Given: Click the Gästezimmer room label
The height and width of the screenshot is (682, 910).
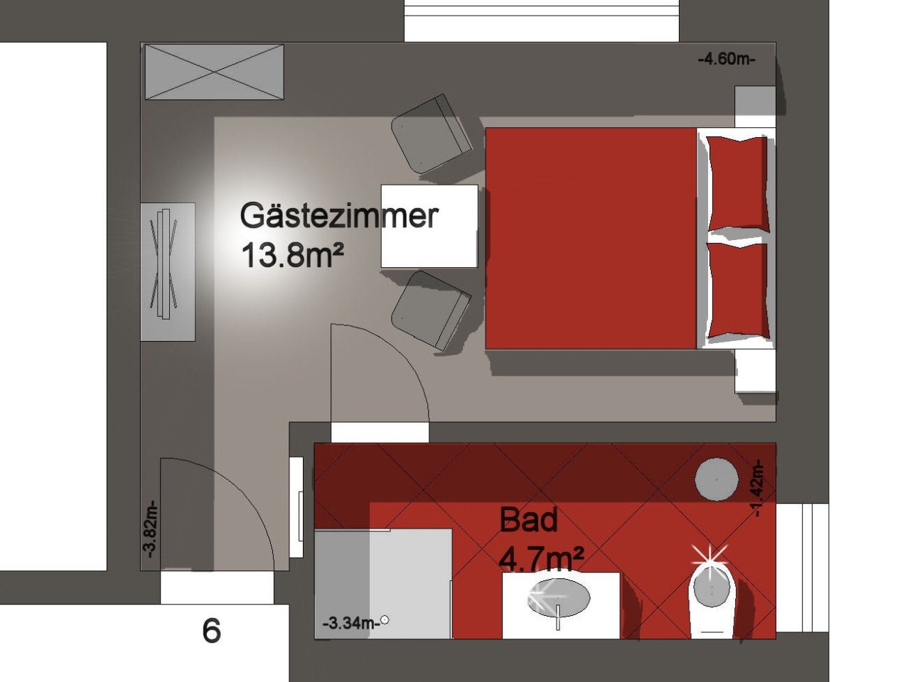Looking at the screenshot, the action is click(x=339, y=217).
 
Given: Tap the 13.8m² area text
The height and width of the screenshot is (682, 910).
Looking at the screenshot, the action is click(x=292, y=256).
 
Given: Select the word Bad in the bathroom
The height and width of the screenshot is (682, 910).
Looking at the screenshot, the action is click(x=529, y=521).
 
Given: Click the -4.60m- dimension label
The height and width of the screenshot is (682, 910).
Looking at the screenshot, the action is click(x=727, y=59).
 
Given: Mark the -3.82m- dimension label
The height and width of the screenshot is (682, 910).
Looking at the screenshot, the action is click(x=150, y=529).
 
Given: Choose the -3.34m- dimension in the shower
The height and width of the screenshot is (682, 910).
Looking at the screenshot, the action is click(x=351, y=622).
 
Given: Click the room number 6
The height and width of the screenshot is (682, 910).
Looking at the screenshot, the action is click(x=211, y=631).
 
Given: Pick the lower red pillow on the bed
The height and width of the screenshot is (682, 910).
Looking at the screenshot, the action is click(x=737, y=291).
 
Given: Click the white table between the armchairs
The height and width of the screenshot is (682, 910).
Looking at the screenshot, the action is click(x=429, y=226).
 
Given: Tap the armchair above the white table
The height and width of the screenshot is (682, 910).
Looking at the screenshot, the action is click(x=431, y=134).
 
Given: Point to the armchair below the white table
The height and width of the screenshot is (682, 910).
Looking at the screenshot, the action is click(x=431, y=310).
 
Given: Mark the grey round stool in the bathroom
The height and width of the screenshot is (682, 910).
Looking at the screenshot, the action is click(x=717, y=479).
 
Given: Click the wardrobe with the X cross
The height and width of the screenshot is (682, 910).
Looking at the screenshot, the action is click(x=214, y=72).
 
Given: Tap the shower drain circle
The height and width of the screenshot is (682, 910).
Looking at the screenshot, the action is click(x=385, y=619).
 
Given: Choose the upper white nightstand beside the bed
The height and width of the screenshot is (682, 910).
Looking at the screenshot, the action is click(x=755, y=107).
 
